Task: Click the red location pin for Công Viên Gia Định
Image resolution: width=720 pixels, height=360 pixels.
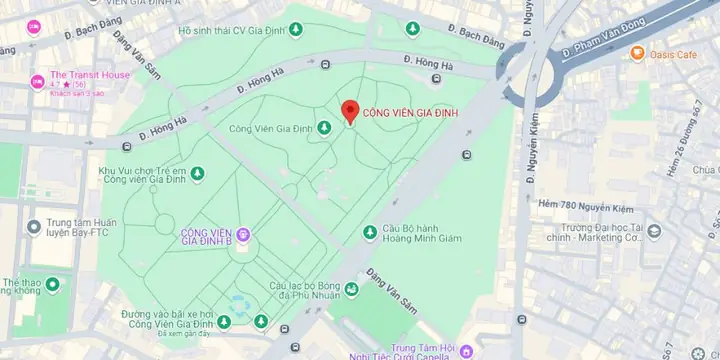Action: (349, 112)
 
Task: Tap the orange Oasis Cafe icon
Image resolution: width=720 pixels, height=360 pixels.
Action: (637, 53)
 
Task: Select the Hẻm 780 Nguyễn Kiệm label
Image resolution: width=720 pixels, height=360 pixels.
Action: (586, 204)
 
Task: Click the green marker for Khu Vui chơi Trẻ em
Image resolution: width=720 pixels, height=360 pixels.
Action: (197, 174)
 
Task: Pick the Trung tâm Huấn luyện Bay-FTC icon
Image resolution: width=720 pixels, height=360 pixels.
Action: (34, 225)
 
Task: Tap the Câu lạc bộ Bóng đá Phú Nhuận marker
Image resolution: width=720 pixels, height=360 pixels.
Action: (351, 290)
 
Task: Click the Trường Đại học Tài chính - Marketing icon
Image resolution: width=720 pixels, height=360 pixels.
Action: (654, 233)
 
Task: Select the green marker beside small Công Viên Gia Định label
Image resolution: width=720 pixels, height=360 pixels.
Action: (324, 128)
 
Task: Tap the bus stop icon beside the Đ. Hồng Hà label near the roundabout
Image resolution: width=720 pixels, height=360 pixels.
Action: (434, 78)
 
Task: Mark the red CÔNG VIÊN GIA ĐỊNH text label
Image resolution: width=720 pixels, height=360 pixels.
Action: (410, 112)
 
